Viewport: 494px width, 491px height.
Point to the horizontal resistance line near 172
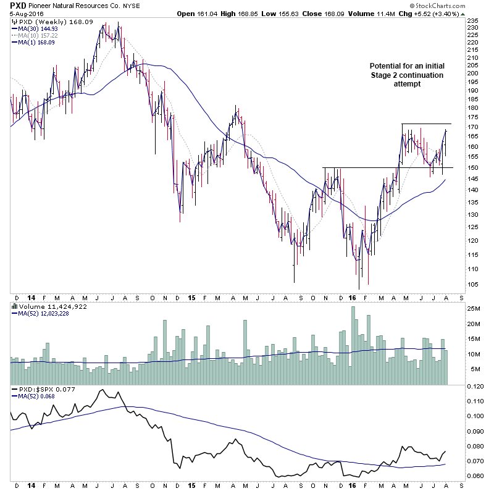pos(426,124)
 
